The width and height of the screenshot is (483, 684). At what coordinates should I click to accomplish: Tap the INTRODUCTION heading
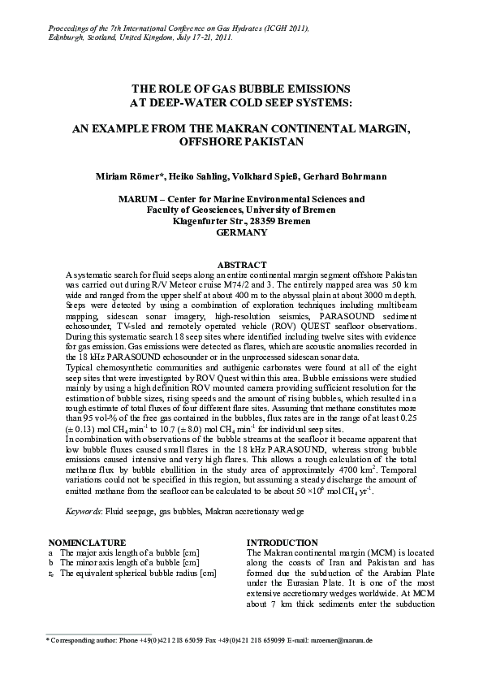tap(282, 542)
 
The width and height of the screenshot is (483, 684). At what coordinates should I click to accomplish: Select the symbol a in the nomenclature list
tap(51, 552)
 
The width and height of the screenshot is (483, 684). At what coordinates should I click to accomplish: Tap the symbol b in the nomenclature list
tap(51, 562)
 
